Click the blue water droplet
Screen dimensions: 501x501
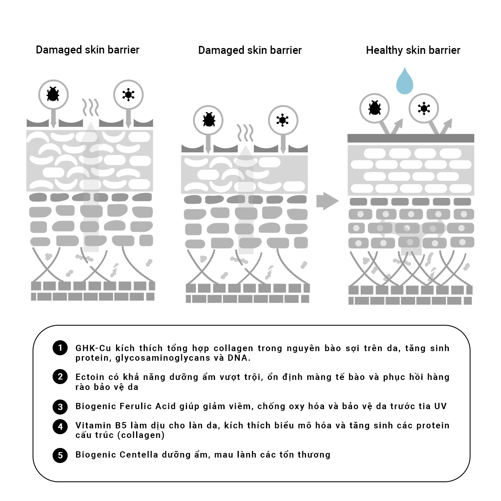pos(404,82)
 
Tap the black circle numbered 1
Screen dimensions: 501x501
pos(60,348)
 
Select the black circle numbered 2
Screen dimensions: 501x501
pos(60,377)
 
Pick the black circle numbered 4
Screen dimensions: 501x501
pos(60,427)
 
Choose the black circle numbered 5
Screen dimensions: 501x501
pos(60,455)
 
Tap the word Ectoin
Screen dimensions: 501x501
pos(90,377)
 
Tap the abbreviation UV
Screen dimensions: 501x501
pos(440,406)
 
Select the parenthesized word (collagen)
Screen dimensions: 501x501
pos(141,435)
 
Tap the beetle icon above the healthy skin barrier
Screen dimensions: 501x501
pos(374,109)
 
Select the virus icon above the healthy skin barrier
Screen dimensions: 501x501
pos(424,109)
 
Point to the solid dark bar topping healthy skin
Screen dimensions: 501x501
pos(411,138)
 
